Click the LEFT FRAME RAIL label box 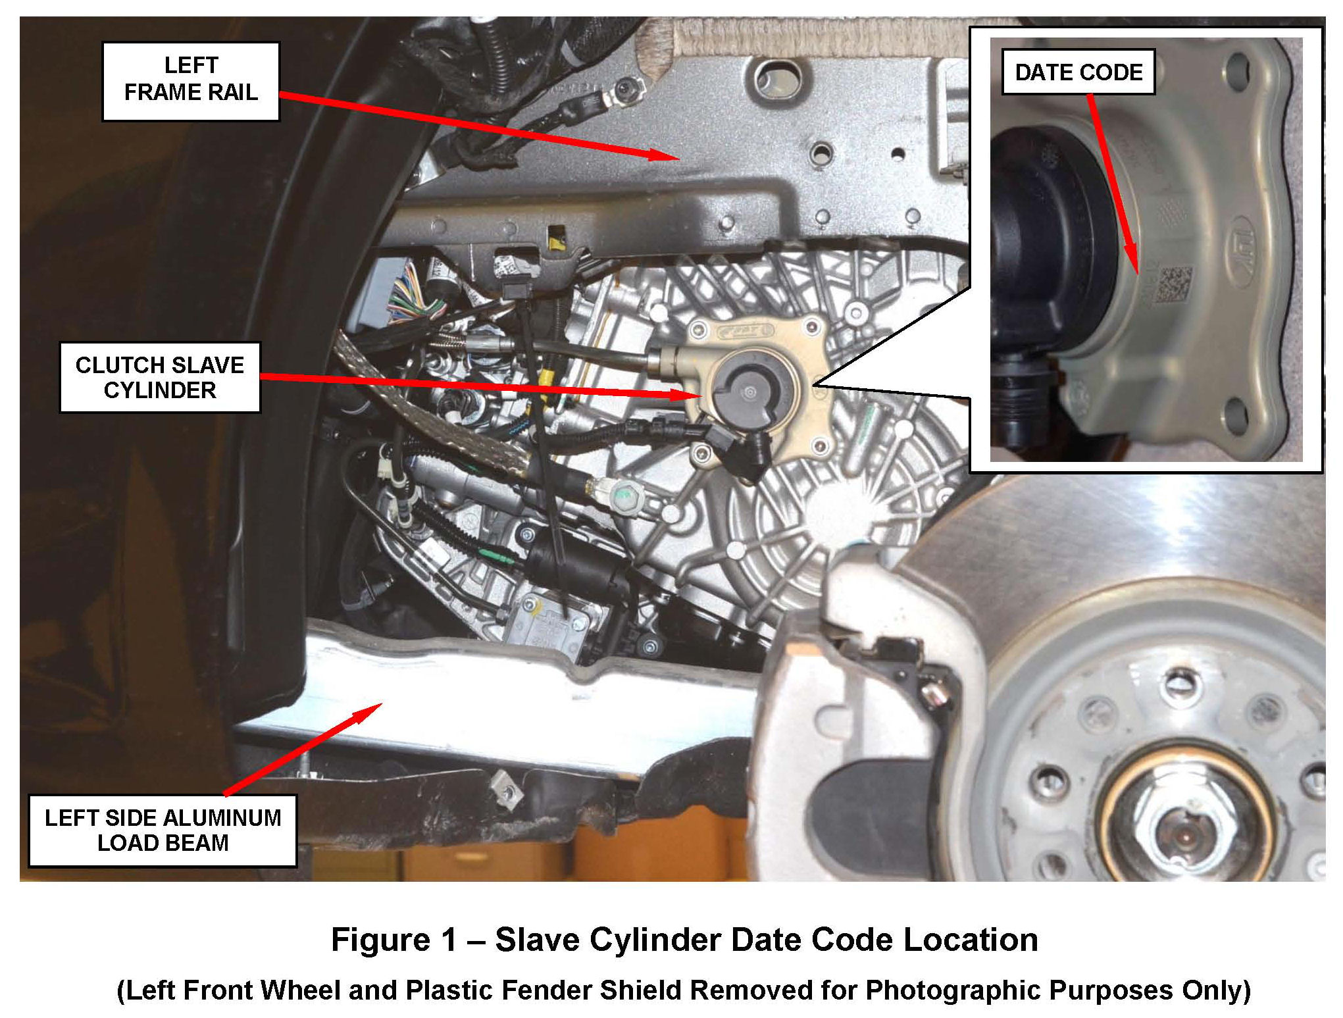point(191,81)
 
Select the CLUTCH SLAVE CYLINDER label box point(160,377)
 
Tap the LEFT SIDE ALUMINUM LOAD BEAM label point(163,830)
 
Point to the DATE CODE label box point(1078,72)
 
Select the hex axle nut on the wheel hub point(1181,834)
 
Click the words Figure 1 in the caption point(393,939)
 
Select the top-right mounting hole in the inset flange point(1238,66)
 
